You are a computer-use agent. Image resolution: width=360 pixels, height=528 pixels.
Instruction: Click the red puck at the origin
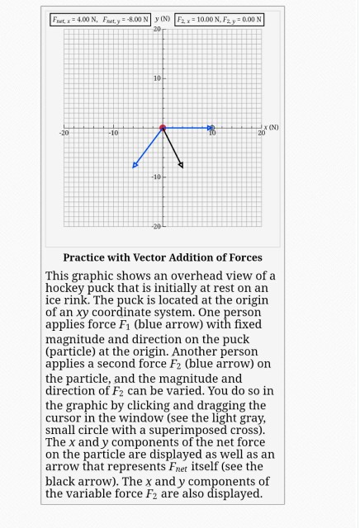163,128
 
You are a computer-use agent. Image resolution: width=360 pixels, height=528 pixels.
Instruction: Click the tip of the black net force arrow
181,166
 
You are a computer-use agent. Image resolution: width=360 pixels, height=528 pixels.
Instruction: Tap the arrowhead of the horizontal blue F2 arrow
211,128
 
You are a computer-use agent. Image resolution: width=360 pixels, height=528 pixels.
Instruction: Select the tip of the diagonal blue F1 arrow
136,165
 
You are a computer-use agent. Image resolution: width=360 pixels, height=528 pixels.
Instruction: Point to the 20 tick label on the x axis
261,133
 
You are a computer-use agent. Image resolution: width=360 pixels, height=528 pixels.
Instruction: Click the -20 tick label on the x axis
64,133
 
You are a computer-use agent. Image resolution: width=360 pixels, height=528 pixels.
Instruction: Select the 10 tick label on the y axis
155,78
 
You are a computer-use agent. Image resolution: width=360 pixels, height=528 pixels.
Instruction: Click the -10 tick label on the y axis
154,177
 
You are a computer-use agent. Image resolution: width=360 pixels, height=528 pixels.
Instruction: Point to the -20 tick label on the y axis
154,226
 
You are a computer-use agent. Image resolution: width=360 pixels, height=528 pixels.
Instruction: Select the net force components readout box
101,19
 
